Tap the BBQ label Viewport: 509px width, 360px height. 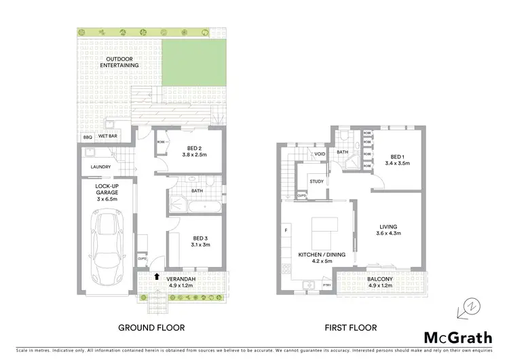88,137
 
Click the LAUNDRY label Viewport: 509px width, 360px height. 100,167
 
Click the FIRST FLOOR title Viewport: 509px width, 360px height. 350,328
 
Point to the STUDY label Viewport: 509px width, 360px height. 316,181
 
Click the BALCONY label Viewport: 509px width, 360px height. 379,279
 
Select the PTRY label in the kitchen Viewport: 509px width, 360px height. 326,285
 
